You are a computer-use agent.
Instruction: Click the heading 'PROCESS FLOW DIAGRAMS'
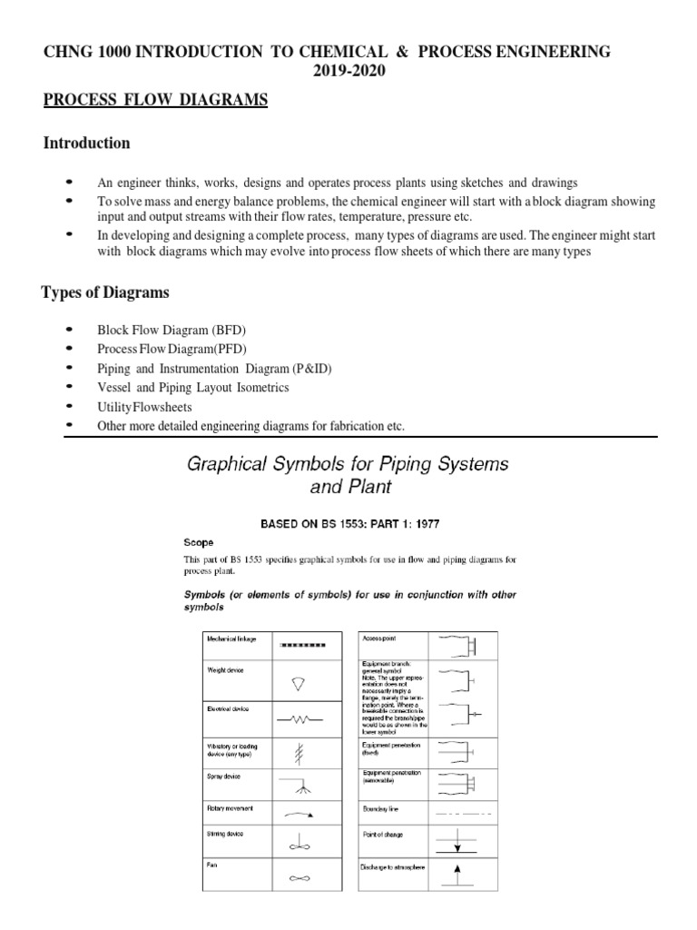pos(156,101)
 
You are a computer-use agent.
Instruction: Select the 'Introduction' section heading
pos(87,143)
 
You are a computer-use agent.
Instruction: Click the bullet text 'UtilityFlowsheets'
pos(145,407)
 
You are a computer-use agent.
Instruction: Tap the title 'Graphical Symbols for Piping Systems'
pos(348,464)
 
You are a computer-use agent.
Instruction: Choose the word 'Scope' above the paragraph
pos(200,543)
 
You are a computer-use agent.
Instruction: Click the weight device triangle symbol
pos(300,682)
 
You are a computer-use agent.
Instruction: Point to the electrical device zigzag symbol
pos(300,718)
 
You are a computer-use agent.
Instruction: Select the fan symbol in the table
pos(300,879)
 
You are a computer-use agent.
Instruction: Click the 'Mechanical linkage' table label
pos(231,639)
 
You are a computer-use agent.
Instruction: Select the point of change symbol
pos(457,841)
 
